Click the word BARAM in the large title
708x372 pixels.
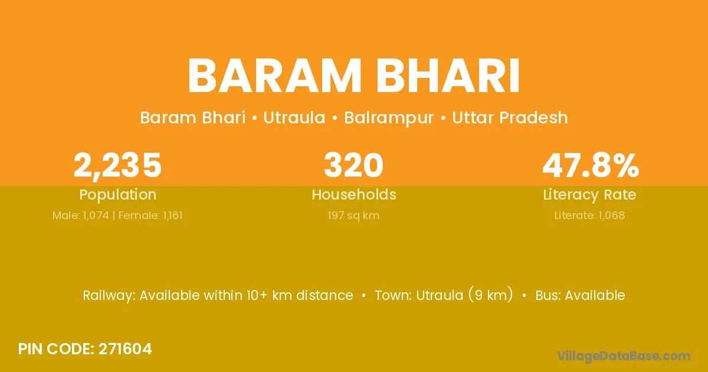click(x=274, y=76)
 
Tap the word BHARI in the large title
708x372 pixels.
click(x=448, y=76)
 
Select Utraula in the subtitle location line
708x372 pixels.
click(x=294, y=118)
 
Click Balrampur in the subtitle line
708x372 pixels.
click(x=389, y=118)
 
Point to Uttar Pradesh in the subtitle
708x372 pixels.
click(x=510, y=118)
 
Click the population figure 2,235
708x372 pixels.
click(x=117, y=165)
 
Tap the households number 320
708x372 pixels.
click(x=353, y=165)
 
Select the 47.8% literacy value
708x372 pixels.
click(x=591, y=165)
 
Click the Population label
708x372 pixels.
click(x=118, y=195)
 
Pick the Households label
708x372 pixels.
click(x=354, y=194)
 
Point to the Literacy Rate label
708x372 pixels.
click(x=589, y=195)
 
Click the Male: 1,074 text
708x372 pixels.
click(x=81, y=216)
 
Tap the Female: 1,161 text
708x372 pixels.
click(x=150, y=216)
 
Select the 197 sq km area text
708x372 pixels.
click(x=353, y=216)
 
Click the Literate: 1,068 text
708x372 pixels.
click(x=590, y=216)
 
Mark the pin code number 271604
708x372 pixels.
click(x=125, y=349)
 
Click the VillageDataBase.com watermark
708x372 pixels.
click(x=624, y=356)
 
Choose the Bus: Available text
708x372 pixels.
click(x=581, y=295)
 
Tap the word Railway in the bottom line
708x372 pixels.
click(x=109, y=296)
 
